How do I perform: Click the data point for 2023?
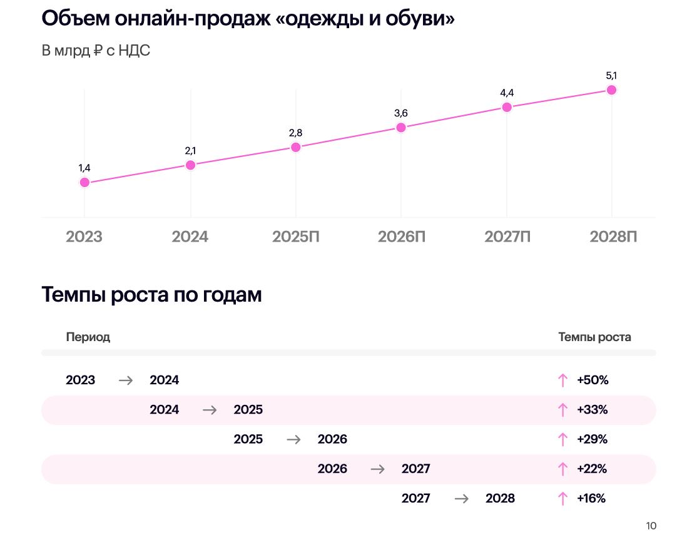coord(84,183)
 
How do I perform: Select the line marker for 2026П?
coord(401,128)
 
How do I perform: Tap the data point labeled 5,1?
coord(612,90)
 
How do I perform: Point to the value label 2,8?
coord(296,133)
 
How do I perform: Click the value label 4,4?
coord(507,93)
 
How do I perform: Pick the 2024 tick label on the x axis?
coord(190,237)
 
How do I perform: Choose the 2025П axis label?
coord(295,237)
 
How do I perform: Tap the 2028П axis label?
coord(614,237)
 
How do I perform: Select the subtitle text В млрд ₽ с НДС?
coord(96,51)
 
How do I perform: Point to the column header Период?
coord(88,337)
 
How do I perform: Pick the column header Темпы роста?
coord(594,337)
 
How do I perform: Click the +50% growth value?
coord(593,380)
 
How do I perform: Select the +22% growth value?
coord(592,469)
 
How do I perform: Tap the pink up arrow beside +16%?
coord(562,499)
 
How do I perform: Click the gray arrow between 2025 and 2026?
coord(293,439)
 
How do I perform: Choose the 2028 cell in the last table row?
coord(500,498)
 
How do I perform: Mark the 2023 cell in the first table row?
coord(81,380)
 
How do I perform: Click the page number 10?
coord(651,526)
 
